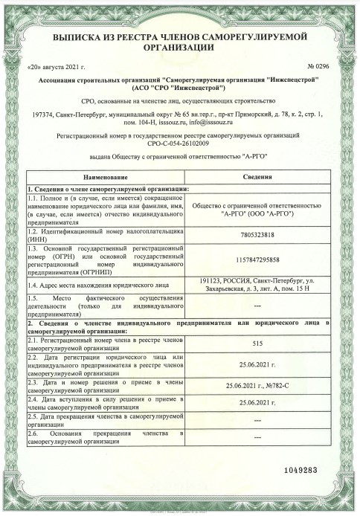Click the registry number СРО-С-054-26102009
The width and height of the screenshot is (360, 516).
click(180, 143)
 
